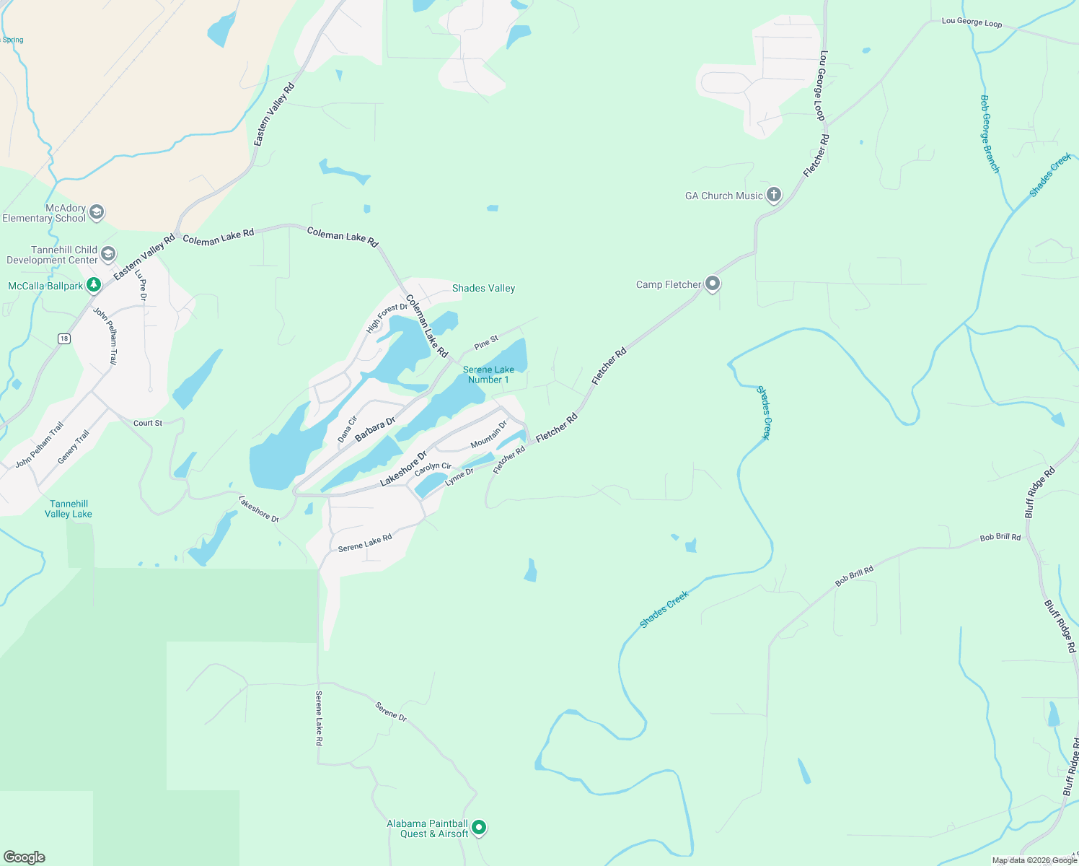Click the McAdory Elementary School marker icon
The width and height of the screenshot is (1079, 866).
point(97,212)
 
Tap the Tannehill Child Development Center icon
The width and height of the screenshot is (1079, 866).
point(108,254)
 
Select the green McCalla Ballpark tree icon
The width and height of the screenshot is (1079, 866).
point(93,286)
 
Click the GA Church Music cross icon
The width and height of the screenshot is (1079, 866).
point(773,195)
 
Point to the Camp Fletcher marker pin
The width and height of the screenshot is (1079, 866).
point(713,284)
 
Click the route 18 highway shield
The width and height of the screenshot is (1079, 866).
point(64,338)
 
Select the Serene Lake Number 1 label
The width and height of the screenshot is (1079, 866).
point(488,375)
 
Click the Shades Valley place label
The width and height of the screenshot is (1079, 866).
point(483,288)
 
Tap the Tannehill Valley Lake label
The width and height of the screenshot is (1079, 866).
point(69,509)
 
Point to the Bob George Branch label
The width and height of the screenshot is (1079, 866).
point(990,134)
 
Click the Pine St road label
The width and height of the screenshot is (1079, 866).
point(486,342)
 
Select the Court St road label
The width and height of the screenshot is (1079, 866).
point(148,423)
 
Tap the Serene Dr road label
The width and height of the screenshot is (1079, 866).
point(391,712)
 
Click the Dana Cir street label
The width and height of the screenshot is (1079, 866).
point(348,429)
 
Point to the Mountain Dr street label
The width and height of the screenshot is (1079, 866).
point(489,434)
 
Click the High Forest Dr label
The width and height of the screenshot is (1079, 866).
point(387,318)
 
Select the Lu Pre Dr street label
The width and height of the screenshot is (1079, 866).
point(141,285)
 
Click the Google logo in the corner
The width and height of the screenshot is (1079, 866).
point(25,857)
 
